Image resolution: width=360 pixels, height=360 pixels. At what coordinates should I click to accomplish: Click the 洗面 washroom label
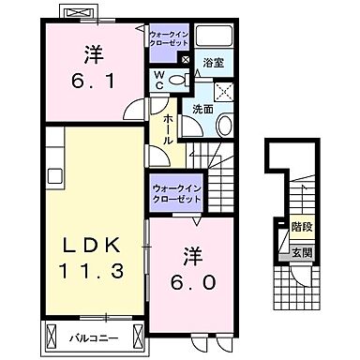(203, 108)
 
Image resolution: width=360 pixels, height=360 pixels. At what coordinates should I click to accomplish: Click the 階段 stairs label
(302, 225)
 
